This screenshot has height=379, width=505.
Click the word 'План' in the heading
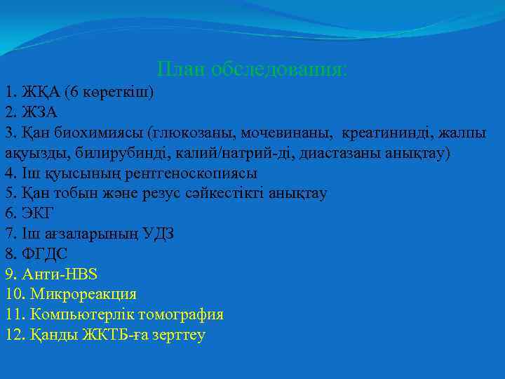(x=181, y=69)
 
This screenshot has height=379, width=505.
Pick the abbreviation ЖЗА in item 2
(x=40, y=112)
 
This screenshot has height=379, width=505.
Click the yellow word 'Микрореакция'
(x=83, y=294)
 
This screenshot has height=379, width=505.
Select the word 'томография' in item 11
(x=182, y=314)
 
